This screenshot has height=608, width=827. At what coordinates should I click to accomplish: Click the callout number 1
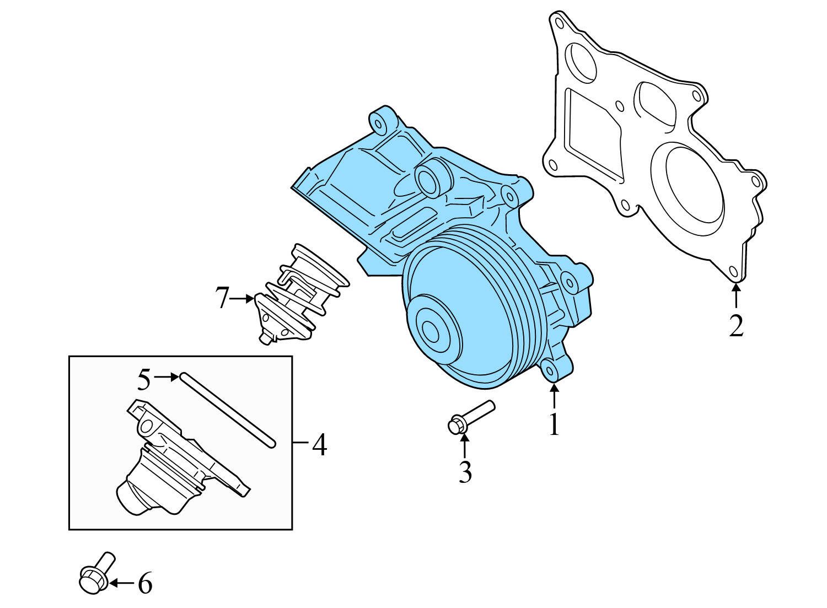pos(554,424)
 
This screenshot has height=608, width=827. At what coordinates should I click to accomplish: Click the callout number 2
pos(736,326)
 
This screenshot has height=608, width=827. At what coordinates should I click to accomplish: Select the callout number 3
pos(465,472)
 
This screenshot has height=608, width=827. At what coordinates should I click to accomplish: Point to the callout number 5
pos(143,380)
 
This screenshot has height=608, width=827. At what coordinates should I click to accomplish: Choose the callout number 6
pos(144,583)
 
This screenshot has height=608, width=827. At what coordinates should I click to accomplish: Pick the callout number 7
pos(222,299)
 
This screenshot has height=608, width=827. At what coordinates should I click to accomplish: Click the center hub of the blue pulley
pos(431,331)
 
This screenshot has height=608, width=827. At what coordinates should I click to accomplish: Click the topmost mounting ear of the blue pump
pos(380,121)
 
